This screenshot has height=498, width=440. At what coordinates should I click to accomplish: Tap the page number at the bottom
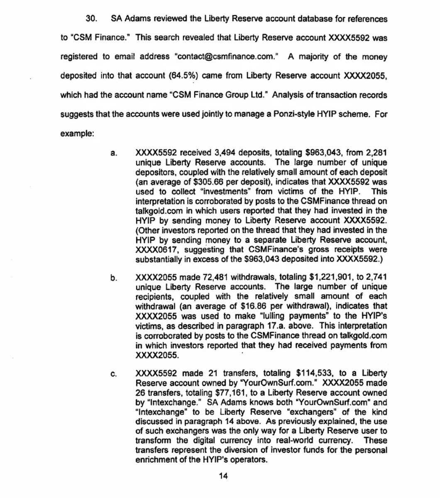pyautogui.click(x=223, y=476)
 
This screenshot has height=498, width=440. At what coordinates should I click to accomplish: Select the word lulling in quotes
pyautogui.click(x=269, y=316)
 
